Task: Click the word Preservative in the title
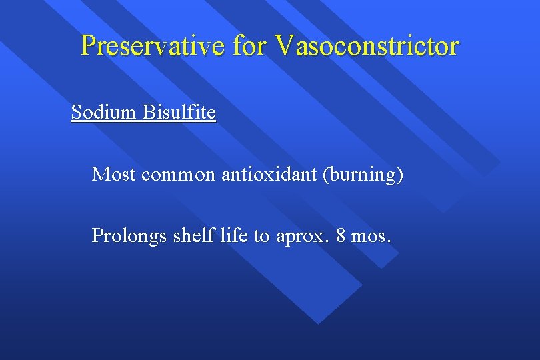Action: [154, 46]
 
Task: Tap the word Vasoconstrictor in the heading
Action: [367, 46]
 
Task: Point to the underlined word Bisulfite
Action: [179, 113]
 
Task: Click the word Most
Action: [114, 175]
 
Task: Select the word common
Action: [179, 175]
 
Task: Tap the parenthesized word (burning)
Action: [363, 175]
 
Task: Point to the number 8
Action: [342, 235]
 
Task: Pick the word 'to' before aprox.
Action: [261, 236]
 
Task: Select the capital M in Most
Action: [100, 175]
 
